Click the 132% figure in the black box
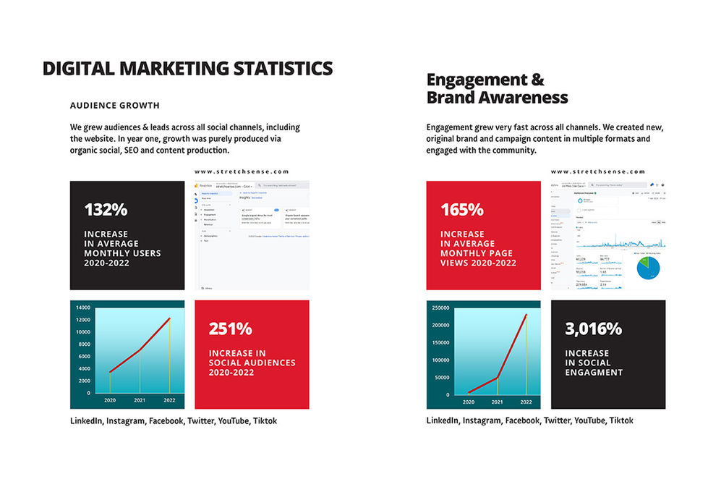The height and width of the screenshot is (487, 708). tap(106, 210)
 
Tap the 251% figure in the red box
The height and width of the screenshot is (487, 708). tap(230, 329)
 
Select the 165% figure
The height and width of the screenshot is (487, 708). tap(462, 210)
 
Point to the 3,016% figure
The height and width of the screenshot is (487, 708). tap(593, 329)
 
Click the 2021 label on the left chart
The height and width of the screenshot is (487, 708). tap(140, 400)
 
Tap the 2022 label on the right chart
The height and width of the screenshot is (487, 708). tap(526, 401)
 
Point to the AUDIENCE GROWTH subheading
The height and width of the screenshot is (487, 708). tap(115, 105)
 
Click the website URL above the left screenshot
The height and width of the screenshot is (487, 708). tap(242, 171)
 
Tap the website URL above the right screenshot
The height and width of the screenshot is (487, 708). tap(598, 171)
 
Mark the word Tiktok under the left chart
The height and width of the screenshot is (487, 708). tap(265, 421)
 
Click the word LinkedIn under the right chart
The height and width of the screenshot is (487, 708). tap(443, 421)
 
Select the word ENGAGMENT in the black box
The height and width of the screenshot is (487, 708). tap(594, 372)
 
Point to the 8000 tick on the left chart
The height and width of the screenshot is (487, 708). tap(84, 344)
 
